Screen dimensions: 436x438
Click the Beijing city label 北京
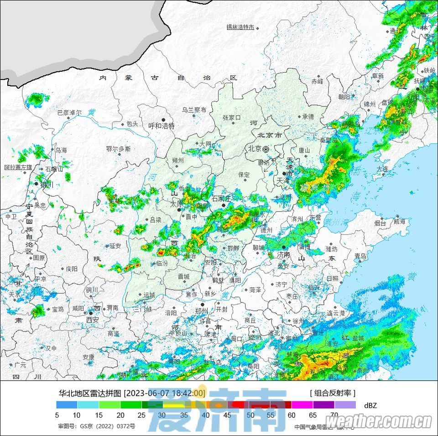(255, 149)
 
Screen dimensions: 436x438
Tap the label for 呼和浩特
(162, 126)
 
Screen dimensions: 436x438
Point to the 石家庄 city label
(222, 198)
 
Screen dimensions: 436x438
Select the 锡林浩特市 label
(240, 27)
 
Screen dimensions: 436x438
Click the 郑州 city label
(201, 311)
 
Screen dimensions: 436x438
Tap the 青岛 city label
(360, 256)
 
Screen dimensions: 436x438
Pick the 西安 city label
(93, 320)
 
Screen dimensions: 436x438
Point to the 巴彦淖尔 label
(69, 112)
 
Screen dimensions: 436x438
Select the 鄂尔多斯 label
(118, 149)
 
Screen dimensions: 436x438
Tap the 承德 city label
(308, 117)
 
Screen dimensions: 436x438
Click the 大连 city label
(382, 169)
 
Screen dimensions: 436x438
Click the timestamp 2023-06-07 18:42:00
(165, 393)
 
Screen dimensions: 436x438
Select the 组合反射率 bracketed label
(332, 393)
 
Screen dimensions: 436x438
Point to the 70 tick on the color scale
(334, 415)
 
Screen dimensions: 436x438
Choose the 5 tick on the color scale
(57, 415)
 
